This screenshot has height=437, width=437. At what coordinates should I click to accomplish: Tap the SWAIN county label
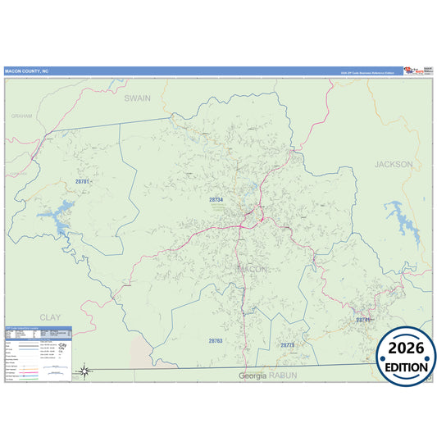coord(138,98)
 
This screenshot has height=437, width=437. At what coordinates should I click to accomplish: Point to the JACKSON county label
coord(394,164)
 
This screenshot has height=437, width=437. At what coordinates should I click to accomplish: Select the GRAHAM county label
coord(22,116)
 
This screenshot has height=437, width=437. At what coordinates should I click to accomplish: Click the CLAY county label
coord(50,316)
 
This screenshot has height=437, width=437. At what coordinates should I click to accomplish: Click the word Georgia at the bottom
coord(253,376)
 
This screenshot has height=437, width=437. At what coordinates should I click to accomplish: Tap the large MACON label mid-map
coord(252,269)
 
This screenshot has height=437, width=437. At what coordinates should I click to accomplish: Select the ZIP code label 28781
coord(82,181)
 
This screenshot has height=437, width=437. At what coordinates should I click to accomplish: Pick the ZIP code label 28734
coord(216,199)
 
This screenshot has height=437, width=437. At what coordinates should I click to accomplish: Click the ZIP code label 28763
coord(216,339)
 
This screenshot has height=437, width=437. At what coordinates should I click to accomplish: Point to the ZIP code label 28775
coord(287,345)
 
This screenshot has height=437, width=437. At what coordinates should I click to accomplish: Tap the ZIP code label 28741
coord(363,319)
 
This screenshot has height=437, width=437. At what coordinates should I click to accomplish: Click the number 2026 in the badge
coord(406,348)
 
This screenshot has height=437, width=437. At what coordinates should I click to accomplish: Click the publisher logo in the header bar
coord(416,71)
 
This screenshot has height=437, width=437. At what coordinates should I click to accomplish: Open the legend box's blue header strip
coord(39,330)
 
